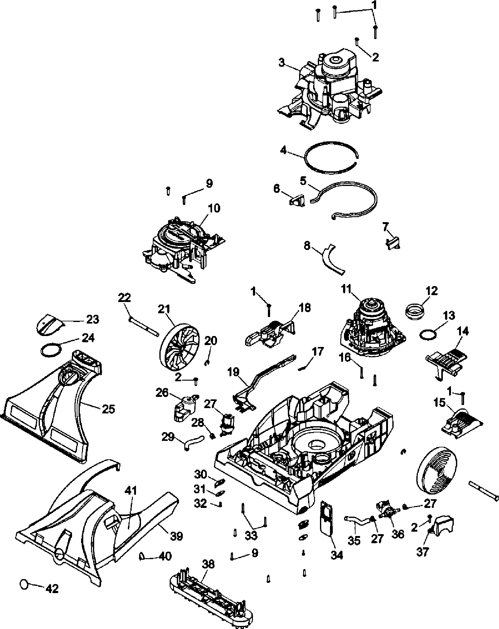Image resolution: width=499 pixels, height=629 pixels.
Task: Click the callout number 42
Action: click(52, 589)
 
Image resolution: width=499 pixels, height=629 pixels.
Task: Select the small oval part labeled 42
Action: click(24, 584)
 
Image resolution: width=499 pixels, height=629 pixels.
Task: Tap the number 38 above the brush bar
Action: click(208, 564)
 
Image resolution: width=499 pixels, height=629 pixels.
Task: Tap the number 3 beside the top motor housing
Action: click(282, 63)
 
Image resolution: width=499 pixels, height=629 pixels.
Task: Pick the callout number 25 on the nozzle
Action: click(109, 409)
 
